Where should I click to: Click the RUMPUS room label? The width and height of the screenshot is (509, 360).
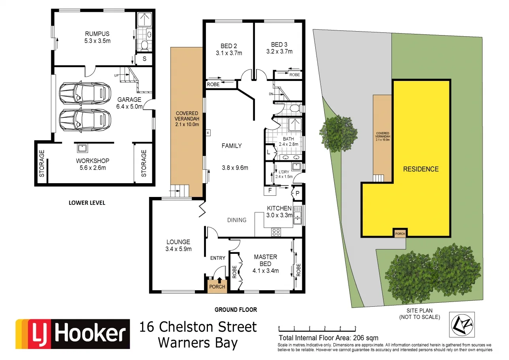point(96,34)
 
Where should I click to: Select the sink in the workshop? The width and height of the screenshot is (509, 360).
point(82,148)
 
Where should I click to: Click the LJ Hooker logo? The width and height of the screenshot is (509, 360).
point(73,334)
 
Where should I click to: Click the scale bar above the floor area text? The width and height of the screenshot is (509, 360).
point(317,328)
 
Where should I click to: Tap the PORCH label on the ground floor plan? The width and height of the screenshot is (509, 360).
point(217,287)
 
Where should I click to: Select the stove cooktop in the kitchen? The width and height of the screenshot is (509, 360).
point(276,232)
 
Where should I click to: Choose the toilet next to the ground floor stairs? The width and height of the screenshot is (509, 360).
point(294,108)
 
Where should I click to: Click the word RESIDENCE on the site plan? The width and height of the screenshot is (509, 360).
point(421,169)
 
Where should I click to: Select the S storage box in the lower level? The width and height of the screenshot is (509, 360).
point(144,59)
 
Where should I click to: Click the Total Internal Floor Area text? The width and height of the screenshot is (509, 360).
point(328,338)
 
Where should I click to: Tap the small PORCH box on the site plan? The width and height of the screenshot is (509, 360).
point(400,233)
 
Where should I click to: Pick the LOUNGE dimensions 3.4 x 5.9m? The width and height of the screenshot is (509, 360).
point(178,249)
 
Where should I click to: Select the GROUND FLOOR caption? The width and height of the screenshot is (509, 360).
point(236,310)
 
